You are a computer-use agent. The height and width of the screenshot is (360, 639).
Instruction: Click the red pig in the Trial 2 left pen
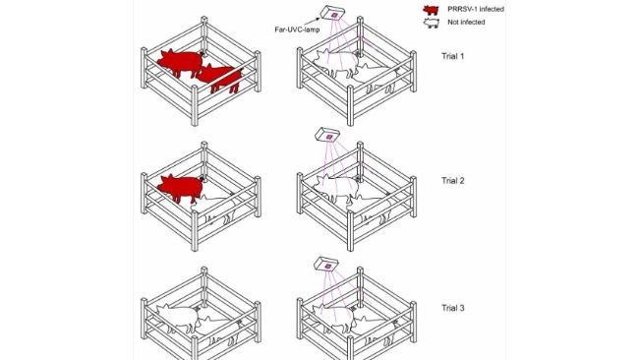[178, 187]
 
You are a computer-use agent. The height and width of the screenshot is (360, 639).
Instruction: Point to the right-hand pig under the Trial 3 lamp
[371, 325]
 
